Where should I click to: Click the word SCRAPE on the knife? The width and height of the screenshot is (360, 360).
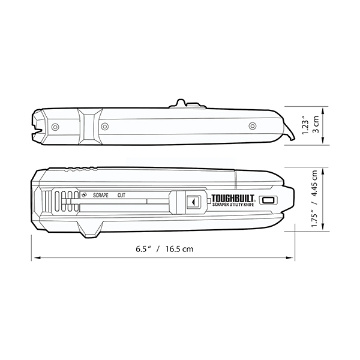point(101,196)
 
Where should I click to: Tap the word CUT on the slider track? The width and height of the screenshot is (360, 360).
point(121,196)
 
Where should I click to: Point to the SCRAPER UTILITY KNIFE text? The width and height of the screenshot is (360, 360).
point(233,205)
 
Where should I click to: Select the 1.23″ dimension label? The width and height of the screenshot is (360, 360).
point(305,126)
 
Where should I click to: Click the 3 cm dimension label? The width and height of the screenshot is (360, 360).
point(316,124)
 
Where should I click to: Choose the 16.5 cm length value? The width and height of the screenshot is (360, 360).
point(180,249)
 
